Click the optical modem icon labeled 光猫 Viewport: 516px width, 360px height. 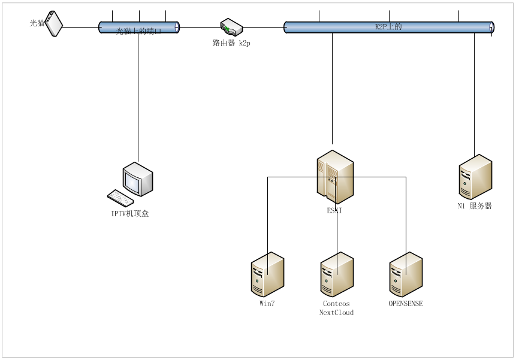[55, 23]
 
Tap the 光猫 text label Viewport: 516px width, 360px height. [37, 23]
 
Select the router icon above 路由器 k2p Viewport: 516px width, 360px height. [231, 27]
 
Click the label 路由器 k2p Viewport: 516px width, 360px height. [231, 43]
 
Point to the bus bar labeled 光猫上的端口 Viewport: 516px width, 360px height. [139, 27]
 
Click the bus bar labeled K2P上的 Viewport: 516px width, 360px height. [388, 27]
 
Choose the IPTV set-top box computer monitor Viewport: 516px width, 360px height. [137, 178]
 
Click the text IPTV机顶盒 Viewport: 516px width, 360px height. [129, 213]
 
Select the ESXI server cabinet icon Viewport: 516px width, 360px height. [335, 177]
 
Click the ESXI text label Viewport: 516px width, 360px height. [334, 211]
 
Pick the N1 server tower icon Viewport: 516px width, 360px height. [475, 176]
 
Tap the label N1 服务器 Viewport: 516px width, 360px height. [475, 206]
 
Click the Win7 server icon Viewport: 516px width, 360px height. [267, 274]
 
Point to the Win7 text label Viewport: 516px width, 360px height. [267, 304]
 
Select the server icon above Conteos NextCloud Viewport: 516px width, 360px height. [337, 274]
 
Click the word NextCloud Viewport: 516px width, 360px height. [336, 313]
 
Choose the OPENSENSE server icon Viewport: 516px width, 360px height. [406, 274]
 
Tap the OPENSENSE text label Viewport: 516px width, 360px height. [406, 304]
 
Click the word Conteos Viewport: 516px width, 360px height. [336, 304]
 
